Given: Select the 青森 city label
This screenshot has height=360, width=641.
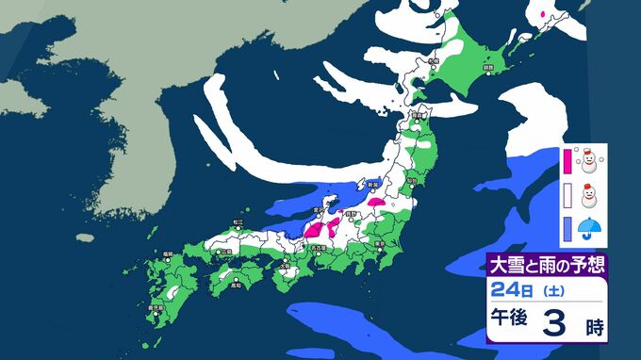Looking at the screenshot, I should (417, 114).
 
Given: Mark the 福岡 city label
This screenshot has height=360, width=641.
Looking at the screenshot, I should (167, 254).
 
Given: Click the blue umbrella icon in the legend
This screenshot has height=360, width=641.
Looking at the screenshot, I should (589, 228).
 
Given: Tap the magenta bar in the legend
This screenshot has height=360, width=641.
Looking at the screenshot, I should (567, 160).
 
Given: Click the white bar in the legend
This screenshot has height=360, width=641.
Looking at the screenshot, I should (567, 194).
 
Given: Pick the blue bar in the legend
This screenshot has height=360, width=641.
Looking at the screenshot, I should (567, 227).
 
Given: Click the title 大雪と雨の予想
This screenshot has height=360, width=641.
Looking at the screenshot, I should (547, 263).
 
